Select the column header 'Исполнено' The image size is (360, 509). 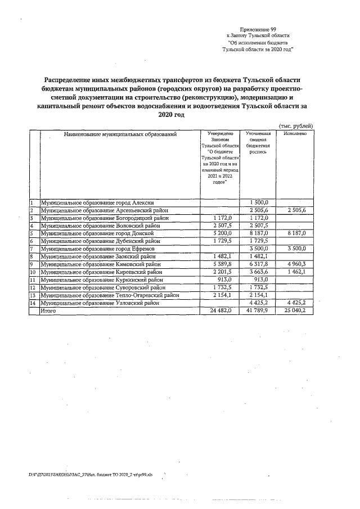295,134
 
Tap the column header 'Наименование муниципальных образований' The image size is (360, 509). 120,134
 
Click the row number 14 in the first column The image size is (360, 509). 33,303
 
